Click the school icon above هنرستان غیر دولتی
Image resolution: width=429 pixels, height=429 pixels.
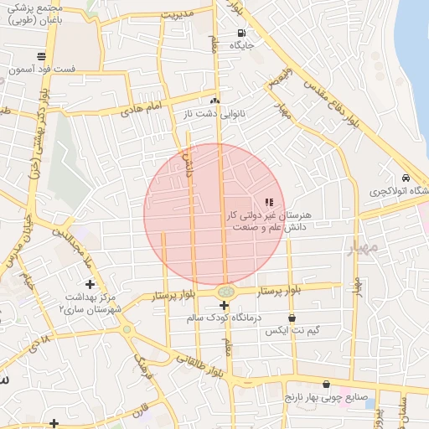(269, 202)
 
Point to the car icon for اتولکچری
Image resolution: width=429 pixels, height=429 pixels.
(406, 178)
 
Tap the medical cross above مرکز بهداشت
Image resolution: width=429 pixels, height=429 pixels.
(90, 285)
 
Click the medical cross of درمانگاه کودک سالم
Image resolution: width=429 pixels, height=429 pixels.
(224, 305)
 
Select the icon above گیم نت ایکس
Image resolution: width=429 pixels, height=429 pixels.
(292, 318)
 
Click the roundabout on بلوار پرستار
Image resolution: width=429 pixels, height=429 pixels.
(225, 292)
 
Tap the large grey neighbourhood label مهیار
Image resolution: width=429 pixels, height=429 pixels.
(363, 248)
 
